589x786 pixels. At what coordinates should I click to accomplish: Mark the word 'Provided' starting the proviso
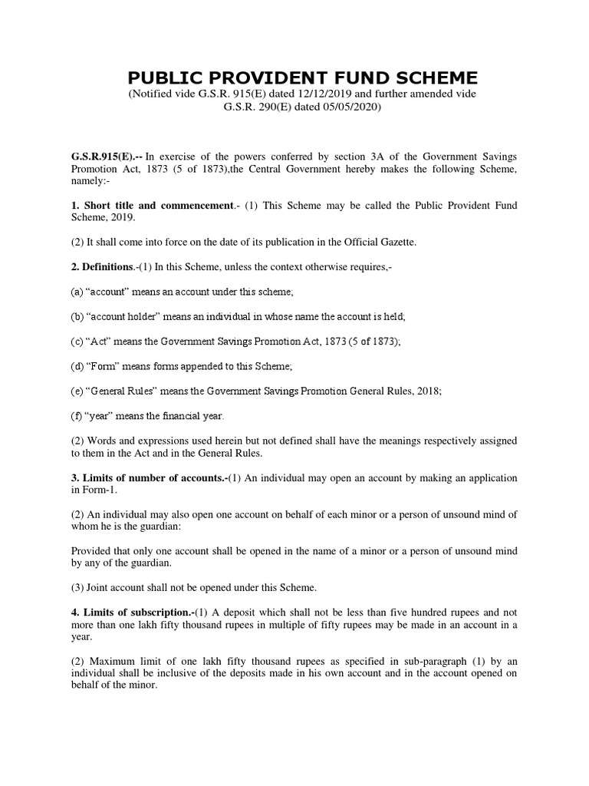pyautogui.click(x=93, y=552)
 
